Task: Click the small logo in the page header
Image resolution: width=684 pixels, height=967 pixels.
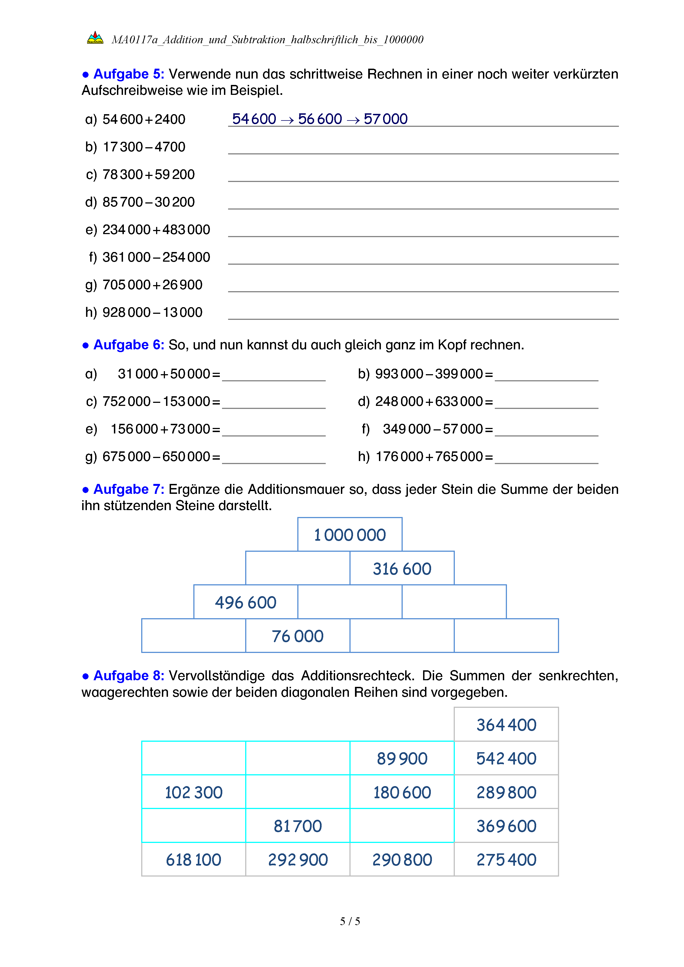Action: pyautogui.click(x=95, y=38)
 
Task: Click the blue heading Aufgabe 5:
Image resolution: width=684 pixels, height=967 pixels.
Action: pyautogui.click(x=129, y=74)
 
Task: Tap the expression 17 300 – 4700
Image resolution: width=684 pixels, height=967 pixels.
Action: pyautogui.click(x=144, y=147)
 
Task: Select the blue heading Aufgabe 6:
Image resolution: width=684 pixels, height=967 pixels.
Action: pyautogui.click(x=129, y=345)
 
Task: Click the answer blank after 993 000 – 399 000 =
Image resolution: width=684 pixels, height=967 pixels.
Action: pyautogui.click(x=546, y=375)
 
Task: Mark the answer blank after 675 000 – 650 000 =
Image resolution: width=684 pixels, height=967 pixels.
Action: pyautogui.click(x=274, y=458)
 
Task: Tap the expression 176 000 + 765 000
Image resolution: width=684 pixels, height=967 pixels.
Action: pyautogui.click(x=429, y=457)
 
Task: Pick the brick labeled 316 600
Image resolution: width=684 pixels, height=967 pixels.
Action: pyautogui.click(x=402, y=569)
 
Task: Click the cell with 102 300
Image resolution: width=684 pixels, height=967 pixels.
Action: pyautogui.click(x=193, y=792)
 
